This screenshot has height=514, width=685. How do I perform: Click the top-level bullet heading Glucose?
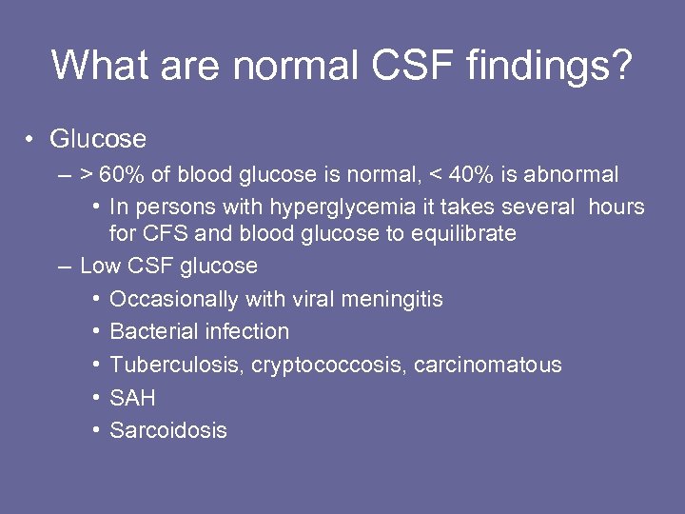(98, 139)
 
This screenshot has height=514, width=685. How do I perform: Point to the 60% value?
(119, 174)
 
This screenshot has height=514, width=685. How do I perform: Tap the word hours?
(616, 207)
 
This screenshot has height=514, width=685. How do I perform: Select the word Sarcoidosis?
(168, 430)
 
